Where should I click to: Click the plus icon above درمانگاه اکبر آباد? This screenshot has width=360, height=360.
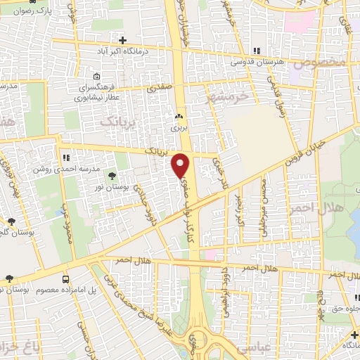123,39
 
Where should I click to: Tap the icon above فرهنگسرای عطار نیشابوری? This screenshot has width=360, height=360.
96,77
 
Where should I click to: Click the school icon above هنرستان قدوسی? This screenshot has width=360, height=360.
257,51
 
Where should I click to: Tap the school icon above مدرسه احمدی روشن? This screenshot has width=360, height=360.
65,158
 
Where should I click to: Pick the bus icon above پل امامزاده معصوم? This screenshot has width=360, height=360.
65,278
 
